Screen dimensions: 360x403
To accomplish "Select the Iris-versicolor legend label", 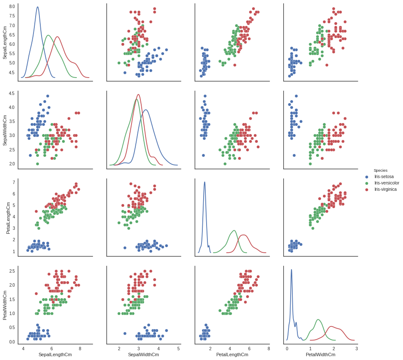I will [x=386, y=183].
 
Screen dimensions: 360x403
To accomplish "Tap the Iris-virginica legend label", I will [x=385, y=189].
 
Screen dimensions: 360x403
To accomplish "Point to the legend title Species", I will [x=380, y=170].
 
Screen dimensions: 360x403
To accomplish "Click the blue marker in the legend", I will [x=367, y=177].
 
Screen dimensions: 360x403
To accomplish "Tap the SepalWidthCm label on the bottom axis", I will [x=143, y=354].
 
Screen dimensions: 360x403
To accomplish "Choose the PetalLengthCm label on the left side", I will [x=8, y=218].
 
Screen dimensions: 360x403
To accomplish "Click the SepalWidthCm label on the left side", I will [x=5, y=130].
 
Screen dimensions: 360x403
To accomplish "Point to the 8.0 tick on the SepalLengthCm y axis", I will [x=12, y=7].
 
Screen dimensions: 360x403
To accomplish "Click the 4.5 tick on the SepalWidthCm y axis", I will [x=12, y=93].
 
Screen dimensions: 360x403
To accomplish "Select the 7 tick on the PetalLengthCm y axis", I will [x=14, y=183].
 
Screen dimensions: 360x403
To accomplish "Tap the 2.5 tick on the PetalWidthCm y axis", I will [x=12, y=271].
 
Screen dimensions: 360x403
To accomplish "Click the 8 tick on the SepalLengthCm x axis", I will [x=80, y=349].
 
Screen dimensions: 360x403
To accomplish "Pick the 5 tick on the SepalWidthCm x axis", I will [x=178, y=349].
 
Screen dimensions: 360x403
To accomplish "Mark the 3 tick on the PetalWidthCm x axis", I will [x=356, y=349].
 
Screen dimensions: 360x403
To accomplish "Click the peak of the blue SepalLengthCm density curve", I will [x=38, y=7].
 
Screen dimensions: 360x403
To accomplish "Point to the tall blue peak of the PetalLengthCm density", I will [x=204, y=182].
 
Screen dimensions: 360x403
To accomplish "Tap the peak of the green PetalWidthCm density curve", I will [x=318, y=319].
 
